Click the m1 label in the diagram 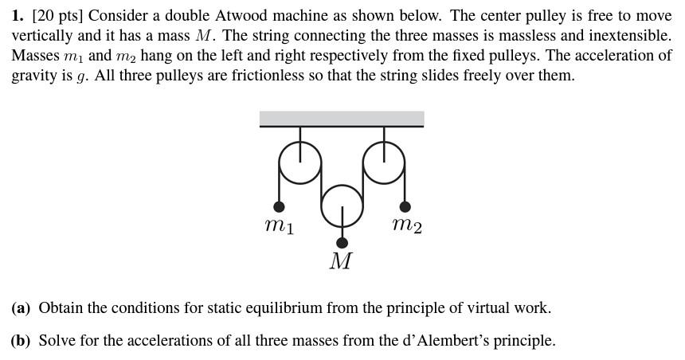[x=279, y=227]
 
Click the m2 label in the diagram [x=407, y=226]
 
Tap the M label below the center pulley [x=341, y=261]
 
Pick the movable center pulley [x=342, y=204]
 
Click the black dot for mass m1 [x=280, y=207]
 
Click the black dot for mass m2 [x=405, y=207]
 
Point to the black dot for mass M [x=342, y=242]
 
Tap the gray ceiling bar [x=342, y=119]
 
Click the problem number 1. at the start [x=18, y=16]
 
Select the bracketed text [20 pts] [x=57, y=16]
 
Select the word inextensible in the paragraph [x=627, y=36]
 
